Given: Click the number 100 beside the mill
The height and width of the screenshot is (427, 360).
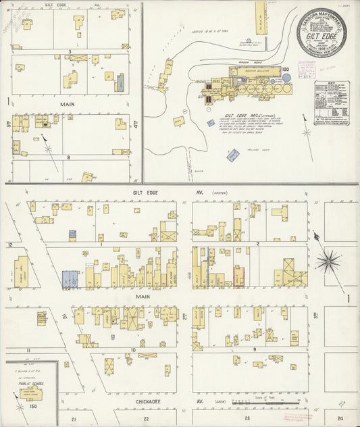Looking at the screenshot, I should (285, 69).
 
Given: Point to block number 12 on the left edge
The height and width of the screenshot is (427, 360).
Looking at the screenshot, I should (9, 245).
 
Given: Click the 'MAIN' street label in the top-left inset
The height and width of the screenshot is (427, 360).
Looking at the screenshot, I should (68, 104).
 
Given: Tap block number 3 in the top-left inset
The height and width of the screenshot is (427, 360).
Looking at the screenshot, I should (70, 51).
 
